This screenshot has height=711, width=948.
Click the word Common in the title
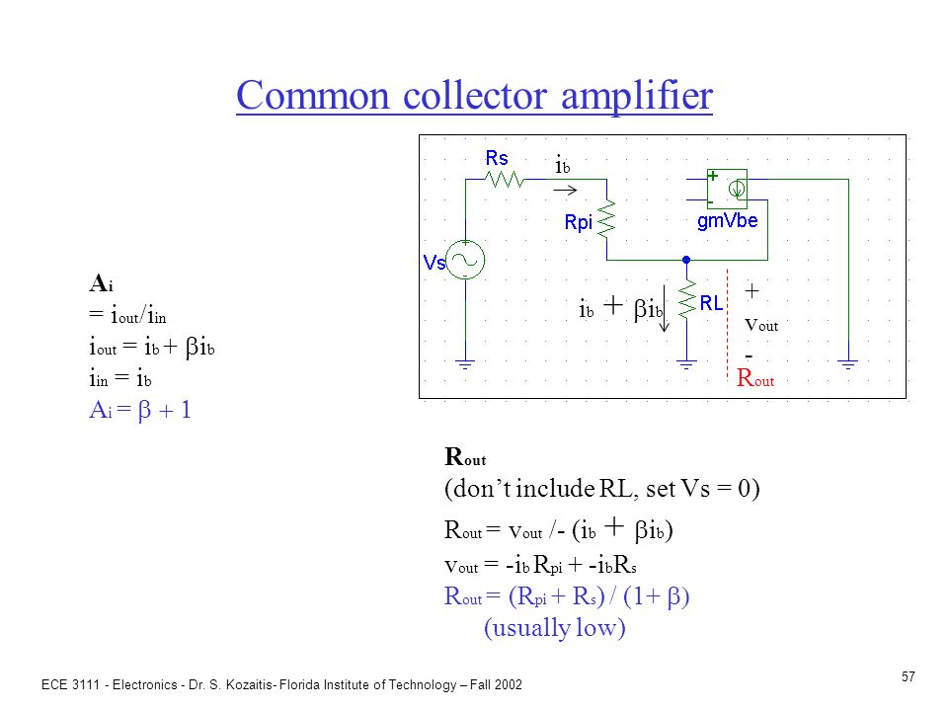click(x=313, y=96)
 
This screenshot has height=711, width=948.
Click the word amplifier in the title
click(x=637, y=97)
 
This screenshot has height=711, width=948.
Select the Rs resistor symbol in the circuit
click(x=505, y=180)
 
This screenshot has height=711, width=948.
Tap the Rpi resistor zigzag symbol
click(x=606, y=218)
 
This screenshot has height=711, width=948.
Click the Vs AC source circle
click(x=465, y=260)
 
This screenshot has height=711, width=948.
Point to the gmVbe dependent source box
click(x=728, y=190)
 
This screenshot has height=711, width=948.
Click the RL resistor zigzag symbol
click(x=687, y=299)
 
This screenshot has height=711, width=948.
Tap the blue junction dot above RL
click(x=686, y=260)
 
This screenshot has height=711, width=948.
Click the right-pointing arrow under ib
click(x=565, y=191)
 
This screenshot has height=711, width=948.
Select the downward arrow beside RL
click(x=665, y=308)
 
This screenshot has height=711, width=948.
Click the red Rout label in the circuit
click(x=755, y=378)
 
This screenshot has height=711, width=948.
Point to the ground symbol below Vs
click(x=465, y=364)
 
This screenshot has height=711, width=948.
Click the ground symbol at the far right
click(x=848, y=364)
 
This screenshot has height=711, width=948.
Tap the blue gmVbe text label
click(x=728, y=221)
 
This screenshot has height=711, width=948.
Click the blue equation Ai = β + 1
click(x=140, y=411)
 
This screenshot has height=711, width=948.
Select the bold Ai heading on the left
click(x=101, y=283)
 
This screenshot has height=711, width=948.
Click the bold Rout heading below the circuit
click(x=465, y=457)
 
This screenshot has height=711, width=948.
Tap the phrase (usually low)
click(x=554, y=628)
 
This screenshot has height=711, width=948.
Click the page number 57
click(x=908, y=676)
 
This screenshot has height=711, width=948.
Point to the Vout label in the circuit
click(x=761, y=325)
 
